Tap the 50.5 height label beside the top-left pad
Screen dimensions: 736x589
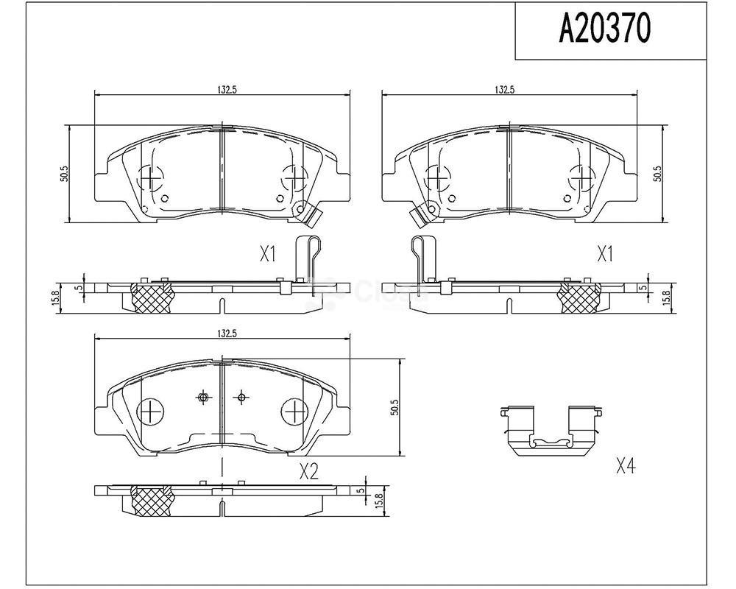[65, 174]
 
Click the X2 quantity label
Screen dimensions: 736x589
[309, 471]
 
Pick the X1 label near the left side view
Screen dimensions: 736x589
[267, 254]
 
